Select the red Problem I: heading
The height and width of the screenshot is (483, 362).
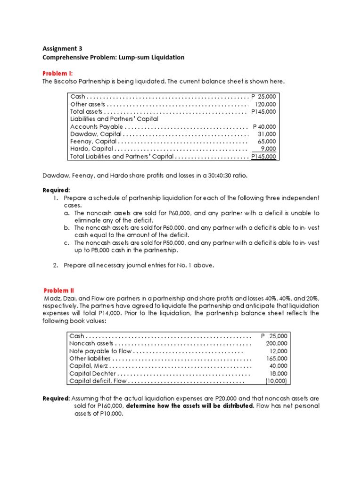pos(58,74)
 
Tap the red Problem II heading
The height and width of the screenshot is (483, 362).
pos(59,291)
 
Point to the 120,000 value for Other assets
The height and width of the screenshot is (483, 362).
pos(265,104)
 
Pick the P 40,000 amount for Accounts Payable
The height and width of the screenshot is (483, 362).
pos(264,127)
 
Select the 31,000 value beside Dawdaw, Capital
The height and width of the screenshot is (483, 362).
pos(267,134)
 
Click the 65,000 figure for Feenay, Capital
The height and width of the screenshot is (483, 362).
pos(267,142)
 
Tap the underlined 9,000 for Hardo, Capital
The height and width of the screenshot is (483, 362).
pos(268,149)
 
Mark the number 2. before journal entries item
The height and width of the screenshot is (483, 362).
pos(56,265)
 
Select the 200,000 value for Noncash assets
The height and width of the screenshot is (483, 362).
pos(276,343)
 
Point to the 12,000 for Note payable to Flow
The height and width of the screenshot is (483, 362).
pos(278,351)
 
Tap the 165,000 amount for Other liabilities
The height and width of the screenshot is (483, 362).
pos(276,358)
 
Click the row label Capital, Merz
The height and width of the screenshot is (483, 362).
pos(88,366)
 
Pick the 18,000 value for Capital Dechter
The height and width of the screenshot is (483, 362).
pos(278,374)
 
